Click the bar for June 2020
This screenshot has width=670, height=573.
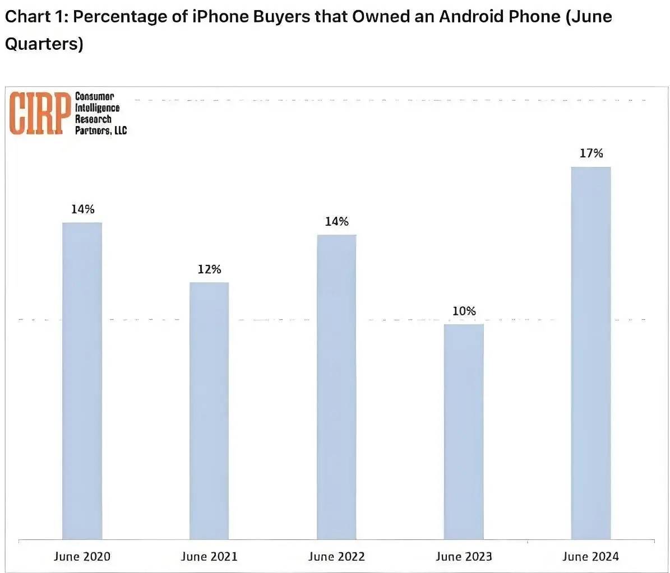pyautogui.click(x=82, y=381)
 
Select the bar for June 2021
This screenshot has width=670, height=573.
pyautogui.click(x=209, y=411)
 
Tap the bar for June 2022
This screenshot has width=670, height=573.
pyautogui.click(x=336, y=386)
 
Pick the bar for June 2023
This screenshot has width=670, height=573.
pyautogui.click(x=464, y=431)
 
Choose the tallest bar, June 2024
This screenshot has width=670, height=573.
pyautogui.click(x=591, y=353)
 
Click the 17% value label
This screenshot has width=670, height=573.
pyautogui.click(x=591, y=153)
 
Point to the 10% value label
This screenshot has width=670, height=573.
pyautogui.click(x=464, y=311)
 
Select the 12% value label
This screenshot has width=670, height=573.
pyautogui.click(x=209, y=269)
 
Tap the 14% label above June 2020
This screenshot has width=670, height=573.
pyautogui.click(x=82, y=209)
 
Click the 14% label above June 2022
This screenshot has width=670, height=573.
pyautogui.click(x=336, y=222)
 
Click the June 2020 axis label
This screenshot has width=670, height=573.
pyautogui.click(x=82, y=556)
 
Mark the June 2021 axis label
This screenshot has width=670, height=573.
pyautogui.click(x=209, y=556)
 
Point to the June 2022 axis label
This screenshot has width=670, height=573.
pyautogui.click(x=336, y=556)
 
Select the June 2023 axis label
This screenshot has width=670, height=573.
pyautogui.click(x=464, y=556)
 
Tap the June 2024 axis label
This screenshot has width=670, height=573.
pyautogui.click(x=591, y=556)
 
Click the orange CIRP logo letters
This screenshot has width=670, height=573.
pyautogui.click(x=36, y=114)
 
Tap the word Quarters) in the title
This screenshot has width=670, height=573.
pyautogui.click(x=44, y=44)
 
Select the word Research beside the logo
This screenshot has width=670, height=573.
pyautogui.click(x=93, y=119)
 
